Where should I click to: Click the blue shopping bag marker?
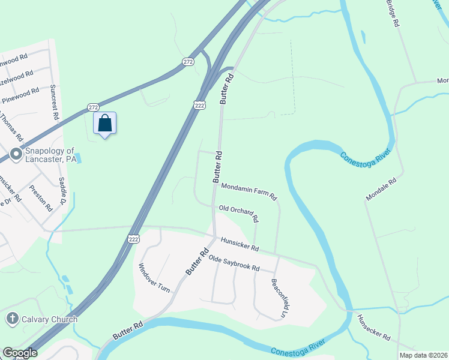pos(105,124)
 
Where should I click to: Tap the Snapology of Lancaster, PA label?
pos(50,155)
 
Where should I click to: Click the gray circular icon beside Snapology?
pos(16,152)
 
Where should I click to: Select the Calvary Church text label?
pos(50,319)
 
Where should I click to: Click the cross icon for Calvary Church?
pos(11,319)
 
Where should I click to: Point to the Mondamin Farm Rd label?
pos(249,192)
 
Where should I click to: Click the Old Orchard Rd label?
pos(238,212)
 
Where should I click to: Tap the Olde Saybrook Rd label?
pos(234,264)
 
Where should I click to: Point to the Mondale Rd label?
pos(382,189)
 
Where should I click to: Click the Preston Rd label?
pos(44,200)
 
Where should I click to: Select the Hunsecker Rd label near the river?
pos(374,328)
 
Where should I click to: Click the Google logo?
pos(20,353)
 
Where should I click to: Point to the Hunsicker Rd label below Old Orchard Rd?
pos(239,244)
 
